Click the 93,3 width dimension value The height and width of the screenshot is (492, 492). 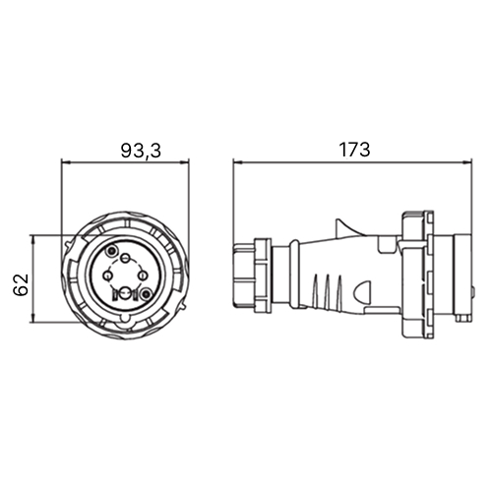point(141,151)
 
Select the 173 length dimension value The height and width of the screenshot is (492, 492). point(354,150)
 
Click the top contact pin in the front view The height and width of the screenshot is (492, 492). point(125,259)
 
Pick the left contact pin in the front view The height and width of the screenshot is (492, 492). point(107,277)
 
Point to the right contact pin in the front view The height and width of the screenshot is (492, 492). point(142,277)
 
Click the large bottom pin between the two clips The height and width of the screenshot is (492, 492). point(125,294)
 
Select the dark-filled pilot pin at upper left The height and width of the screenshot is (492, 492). point(111,251)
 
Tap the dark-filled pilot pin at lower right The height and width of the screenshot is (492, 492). point(146,294)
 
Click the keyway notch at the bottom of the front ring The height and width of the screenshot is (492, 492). point(125,319)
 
